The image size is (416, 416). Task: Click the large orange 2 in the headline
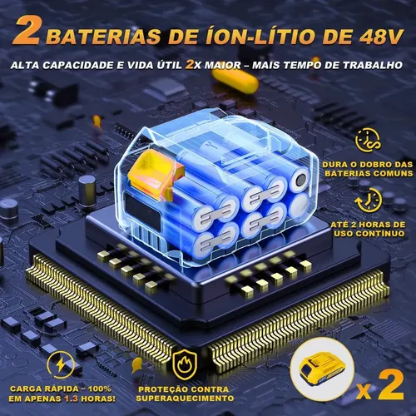coord(27,31)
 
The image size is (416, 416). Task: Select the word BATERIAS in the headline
coord(103,37)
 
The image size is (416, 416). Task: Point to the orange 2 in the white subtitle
coord(190,65)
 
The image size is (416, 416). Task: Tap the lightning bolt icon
coord(61,364)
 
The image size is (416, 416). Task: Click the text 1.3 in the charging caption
coord(72,399)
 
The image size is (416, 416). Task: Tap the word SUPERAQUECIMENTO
coord(185,399)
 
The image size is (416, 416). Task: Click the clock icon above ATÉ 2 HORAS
coord(369,201)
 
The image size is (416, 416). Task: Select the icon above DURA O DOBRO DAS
coord(368,141)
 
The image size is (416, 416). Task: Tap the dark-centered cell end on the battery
coord(300,181)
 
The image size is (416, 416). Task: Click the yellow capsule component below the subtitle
coord(235,80)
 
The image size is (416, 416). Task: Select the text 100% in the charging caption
coord(100,389)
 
